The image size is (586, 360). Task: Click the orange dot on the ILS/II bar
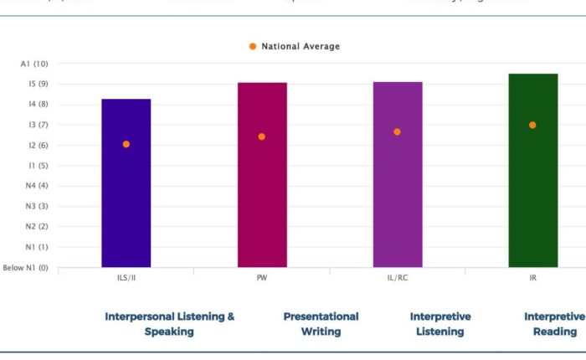pyautogui.click(x=126, y=144)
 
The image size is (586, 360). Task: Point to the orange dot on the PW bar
pyautogui.click(x=262, y=136)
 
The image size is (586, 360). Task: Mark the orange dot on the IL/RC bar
pyautogui.click(x=398, y=131)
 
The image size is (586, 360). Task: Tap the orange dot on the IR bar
pyautogui.click(x=532, y=125)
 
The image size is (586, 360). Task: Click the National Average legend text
pyautogui.click(x=301, y=47)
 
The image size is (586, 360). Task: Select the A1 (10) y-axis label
pyautogui.click(x=34, y=64)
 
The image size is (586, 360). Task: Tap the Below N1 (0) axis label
pyautogui.click(x=25, y=268)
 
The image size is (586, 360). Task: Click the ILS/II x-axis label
pyautogui.click(x=126, y=278)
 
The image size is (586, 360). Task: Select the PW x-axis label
pyautogui.click(x=262, y=278)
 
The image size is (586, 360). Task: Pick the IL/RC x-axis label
pyautogui.click(x=398, y=278)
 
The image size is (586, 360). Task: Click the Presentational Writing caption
pyautogui.click(x=321, y=324)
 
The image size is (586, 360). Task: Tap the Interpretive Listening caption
pyautogui.click(x=440, y=324)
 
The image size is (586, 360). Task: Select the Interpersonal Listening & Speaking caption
pyautogui.click(x=169, y=324)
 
